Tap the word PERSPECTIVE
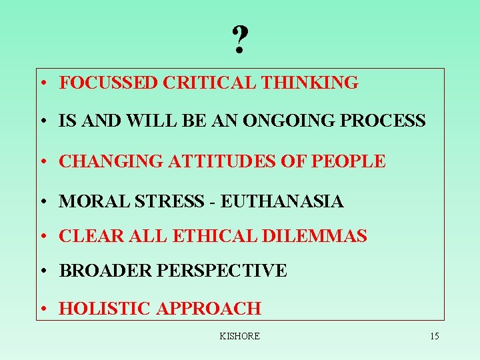coord(221,271)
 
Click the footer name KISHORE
coord(239,336)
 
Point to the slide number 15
coord(434,336)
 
